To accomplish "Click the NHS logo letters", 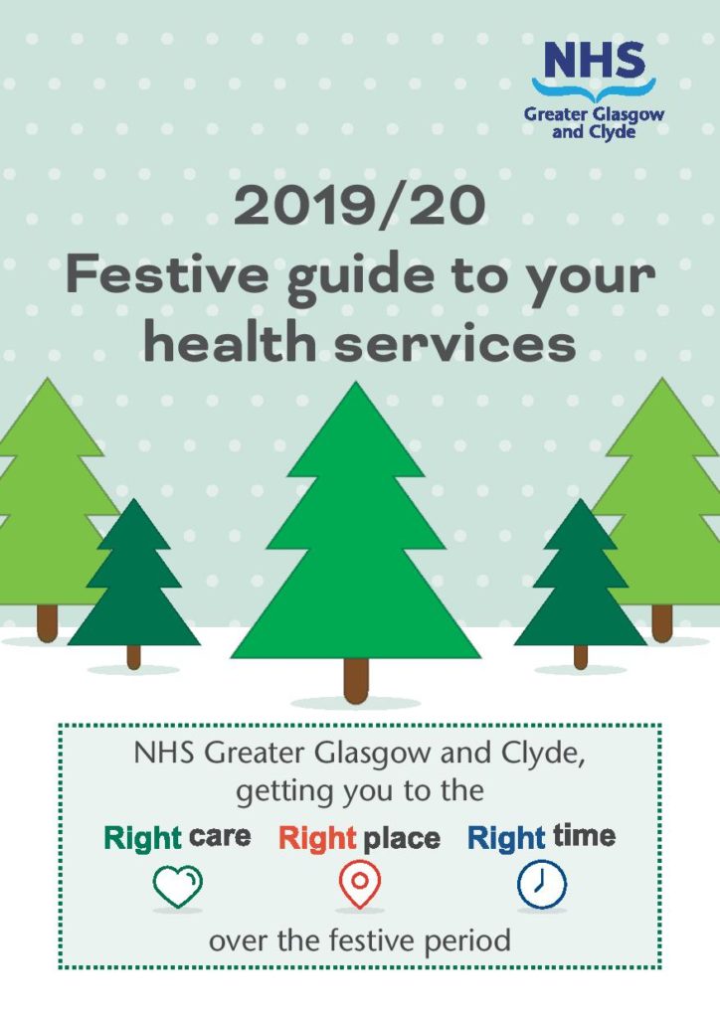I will click(595, 61).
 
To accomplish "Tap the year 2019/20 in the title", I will click(360, 207).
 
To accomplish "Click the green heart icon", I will click(177, 885).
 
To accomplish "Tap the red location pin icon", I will click(359, 884).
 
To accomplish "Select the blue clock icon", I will click(541, 884).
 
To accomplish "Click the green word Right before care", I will click(142, 838).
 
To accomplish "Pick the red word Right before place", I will click(317, 838).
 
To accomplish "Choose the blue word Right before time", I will click(506, 838).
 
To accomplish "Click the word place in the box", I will click(401, 838).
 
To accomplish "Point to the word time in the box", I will click(584, 836).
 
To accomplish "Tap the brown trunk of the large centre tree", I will click(356, 681).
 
